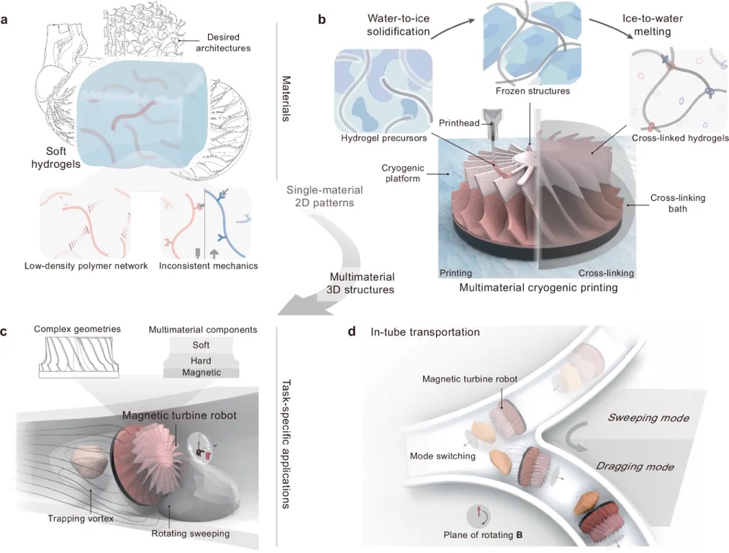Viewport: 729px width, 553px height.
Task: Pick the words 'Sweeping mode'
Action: pos(648,418)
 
